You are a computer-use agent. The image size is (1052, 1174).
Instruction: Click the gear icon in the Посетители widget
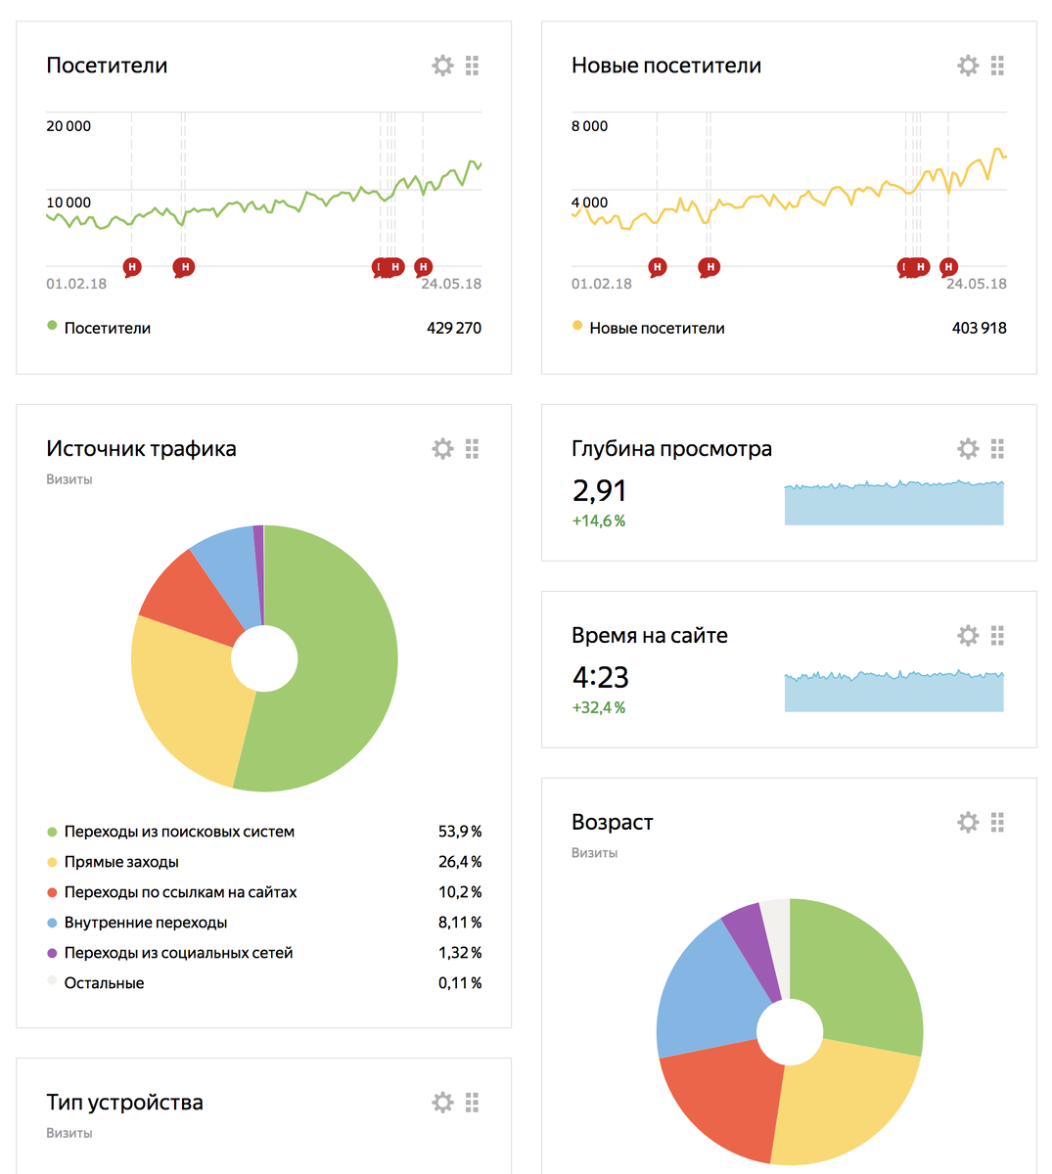442,66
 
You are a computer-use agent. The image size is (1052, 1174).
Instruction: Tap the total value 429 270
453,328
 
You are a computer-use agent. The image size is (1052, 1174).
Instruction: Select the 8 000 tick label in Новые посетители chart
589,126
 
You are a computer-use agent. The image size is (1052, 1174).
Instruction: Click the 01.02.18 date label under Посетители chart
76,284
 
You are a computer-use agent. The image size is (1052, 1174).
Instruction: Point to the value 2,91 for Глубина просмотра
599,490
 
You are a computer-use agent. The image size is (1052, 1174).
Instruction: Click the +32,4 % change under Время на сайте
598,707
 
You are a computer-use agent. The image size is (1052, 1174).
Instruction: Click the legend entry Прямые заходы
121,862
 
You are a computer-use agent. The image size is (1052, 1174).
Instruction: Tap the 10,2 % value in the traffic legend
459,892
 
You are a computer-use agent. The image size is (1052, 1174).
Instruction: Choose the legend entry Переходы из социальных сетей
178,953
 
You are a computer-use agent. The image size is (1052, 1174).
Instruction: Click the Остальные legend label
104,983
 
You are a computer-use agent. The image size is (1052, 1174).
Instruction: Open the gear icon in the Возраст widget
968,823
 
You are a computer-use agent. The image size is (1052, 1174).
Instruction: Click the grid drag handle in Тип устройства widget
472,1103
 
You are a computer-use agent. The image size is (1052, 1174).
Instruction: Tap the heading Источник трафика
141,449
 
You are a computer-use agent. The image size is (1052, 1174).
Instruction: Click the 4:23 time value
600,677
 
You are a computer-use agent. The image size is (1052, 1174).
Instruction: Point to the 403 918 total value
979,328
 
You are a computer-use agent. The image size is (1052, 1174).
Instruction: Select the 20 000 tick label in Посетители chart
69,126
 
